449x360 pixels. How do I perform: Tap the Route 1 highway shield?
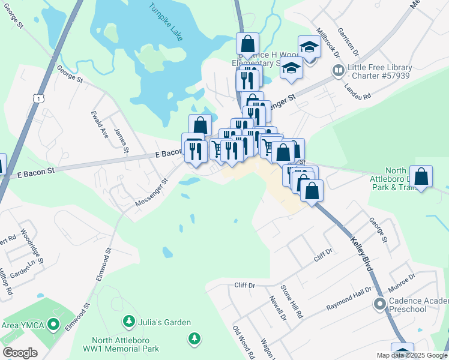(39, 98)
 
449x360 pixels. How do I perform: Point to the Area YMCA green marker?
(53, 325)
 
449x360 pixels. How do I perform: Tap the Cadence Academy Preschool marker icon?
(379, 304)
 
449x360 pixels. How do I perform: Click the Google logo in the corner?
(20, 353)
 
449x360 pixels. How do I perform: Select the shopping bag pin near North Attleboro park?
(422, 177)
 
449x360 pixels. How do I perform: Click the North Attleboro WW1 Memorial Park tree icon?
(194, 339)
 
